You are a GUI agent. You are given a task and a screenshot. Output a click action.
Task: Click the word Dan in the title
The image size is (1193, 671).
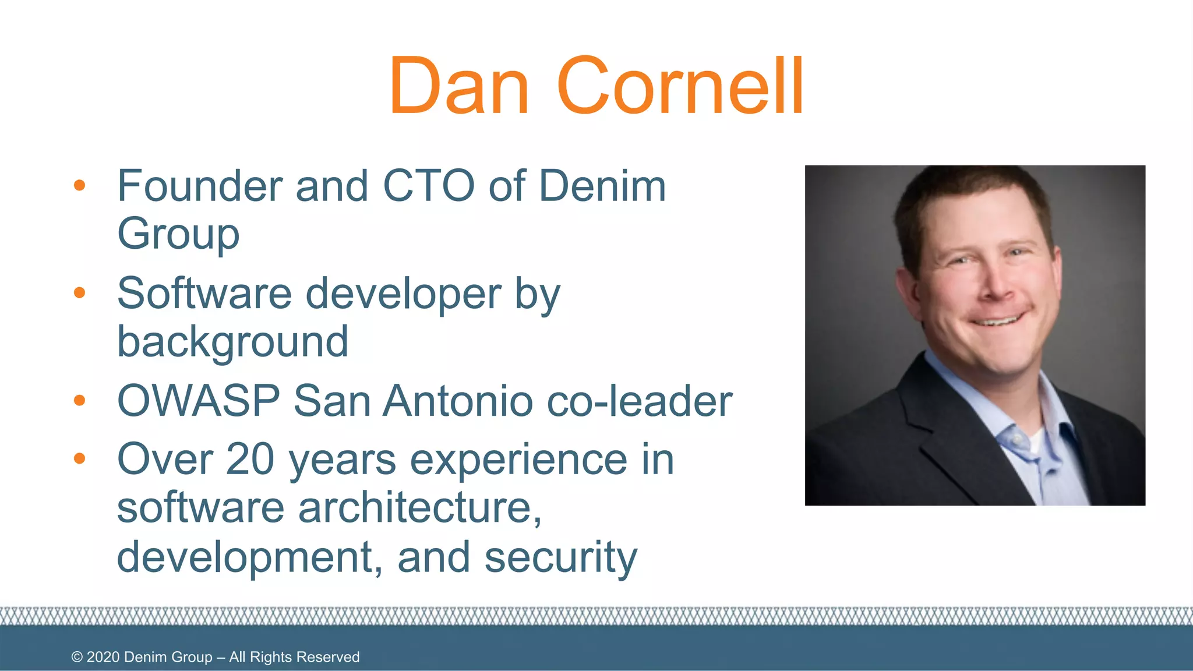point(459,86)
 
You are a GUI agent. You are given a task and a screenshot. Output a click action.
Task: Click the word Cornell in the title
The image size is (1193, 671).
point(680,86)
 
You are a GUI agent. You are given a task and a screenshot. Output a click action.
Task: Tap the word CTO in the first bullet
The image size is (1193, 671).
point(428,186)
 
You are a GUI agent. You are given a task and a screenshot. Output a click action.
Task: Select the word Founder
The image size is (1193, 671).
point(200,186)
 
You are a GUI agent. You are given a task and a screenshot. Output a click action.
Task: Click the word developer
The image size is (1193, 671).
point(403,294)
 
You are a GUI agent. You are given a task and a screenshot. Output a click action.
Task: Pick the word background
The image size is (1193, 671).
point(232,342)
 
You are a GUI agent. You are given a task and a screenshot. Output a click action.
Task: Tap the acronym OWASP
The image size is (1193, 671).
point(199,401)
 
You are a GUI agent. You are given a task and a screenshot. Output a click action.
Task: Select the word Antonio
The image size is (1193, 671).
point(458,401)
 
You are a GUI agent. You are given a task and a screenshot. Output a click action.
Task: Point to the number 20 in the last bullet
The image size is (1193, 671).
point(250,460)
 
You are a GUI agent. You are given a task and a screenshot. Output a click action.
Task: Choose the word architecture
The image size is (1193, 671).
point(415,508)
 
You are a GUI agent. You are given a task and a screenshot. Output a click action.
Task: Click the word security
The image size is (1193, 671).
point(561,557)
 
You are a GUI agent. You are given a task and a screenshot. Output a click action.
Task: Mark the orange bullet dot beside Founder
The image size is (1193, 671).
point(80,186)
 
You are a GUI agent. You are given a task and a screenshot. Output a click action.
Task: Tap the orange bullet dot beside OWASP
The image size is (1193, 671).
point(80,400)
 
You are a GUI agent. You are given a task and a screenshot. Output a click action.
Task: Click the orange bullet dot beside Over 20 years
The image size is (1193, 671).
point(80,458)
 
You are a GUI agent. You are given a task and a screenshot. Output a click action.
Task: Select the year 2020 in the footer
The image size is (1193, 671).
point(103,657)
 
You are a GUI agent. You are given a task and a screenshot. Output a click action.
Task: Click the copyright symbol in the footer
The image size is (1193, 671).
point(77,657)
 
